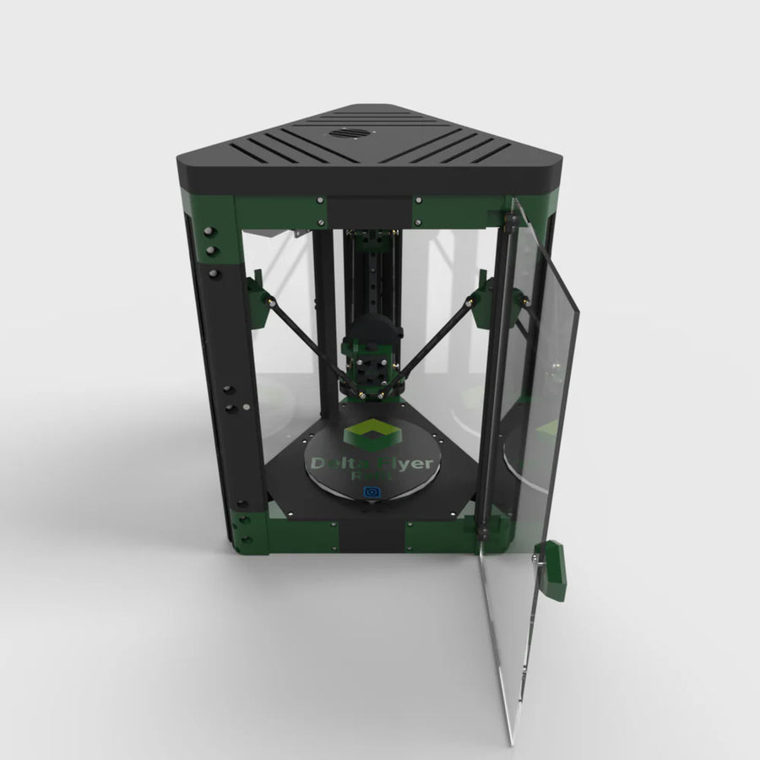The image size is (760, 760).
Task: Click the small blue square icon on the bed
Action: tap(370, 493)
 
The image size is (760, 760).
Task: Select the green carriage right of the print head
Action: tap(485, 301)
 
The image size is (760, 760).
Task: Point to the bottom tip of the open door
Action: tap(512, 743)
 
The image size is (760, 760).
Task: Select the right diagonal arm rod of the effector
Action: tap(434, 338)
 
